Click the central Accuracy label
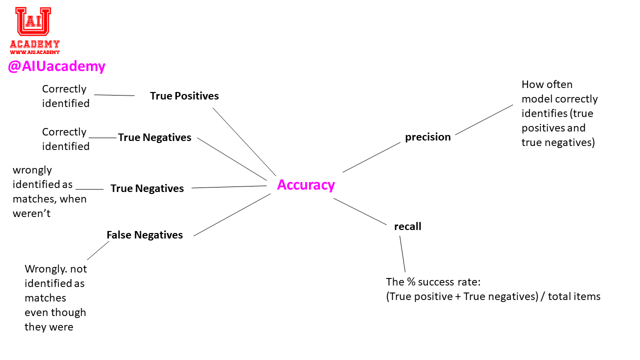tap(305, 185)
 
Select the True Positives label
tap(184, 96)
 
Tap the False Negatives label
tap(144, 235)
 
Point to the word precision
tap(427, 137)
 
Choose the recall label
tap(407, 226)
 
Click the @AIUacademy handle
tap(56, 66)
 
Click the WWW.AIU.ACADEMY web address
tap(34, 52)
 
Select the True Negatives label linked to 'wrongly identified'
tap(147, 188)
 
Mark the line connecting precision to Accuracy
tap(371, 157)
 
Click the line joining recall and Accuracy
tap(360, 211)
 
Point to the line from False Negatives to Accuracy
tap(232, 215)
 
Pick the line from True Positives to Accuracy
tap(244, 141)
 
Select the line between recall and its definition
tap(402, 253)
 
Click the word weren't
tap(31, 213)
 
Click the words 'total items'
tap(574, 296)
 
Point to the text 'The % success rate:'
tap(433, 281)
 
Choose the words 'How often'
tap(546, 84)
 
